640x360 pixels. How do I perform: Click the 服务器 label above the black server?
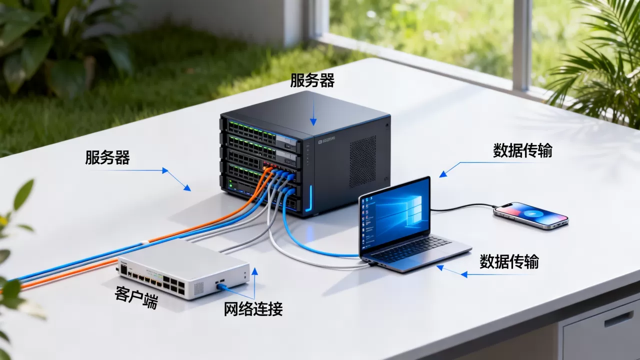click(312, 80)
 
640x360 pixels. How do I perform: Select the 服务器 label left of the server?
click(107, 157)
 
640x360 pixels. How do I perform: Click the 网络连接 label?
click(253, 309)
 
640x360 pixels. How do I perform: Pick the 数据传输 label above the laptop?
click(522, 150)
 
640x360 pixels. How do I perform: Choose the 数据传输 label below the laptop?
click(509, 261)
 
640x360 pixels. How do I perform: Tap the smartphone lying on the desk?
click(531, 215)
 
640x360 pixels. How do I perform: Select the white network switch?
click(183, 268)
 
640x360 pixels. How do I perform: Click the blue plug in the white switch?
click(221, 286)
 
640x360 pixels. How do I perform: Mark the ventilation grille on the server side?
click(363, 161)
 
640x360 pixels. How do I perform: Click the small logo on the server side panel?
click(326, 140)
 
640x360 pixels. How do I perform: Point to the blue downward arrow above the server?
click(313, 110)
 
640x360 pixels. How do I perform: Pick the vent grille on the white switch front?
click(199, 288)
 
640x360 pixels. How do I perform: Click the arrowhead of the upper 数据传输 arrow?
click(443, 173)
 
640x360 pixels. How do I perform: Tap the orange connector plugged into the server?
click(267, 169)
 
